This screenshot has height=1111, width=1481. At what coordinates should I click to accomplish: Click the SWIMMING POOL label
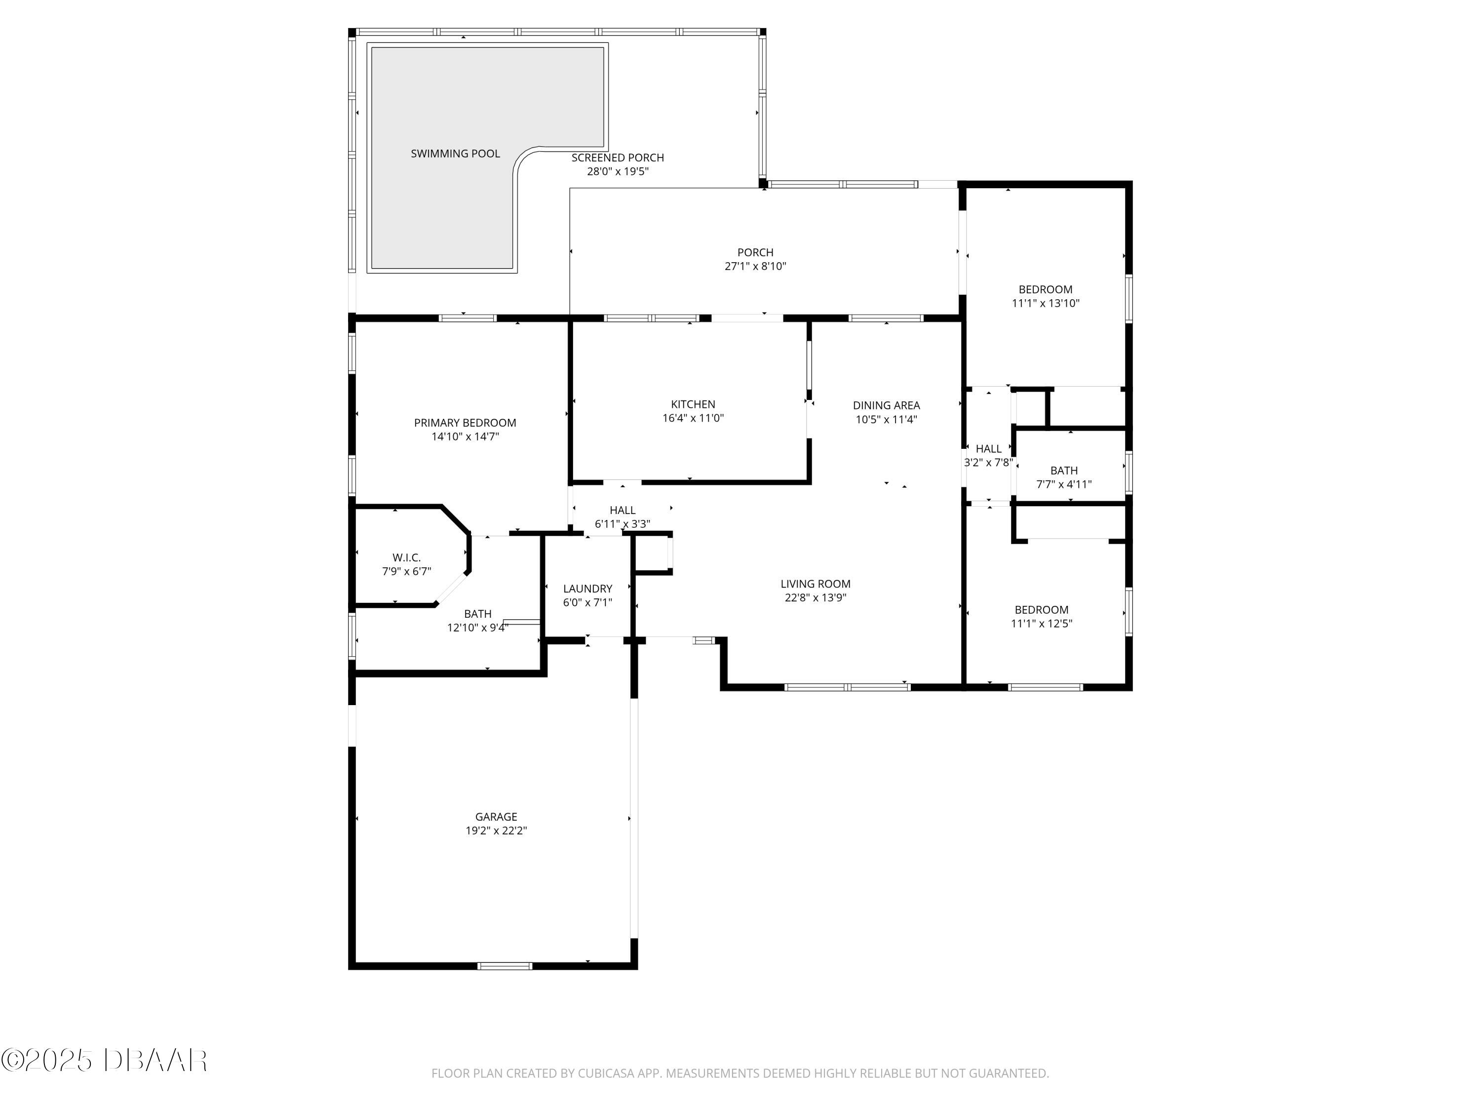455,154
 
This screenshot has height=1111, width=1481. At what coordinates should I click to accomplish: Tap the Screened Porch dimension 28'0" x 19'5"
617,171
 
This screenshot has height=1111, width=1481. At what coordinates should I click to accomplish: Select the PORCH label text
755,252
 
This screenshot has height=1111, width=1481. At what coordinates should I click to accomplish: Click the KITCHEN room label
693,404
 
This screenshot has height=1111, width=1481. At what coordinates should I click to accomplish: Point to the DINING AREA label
886,405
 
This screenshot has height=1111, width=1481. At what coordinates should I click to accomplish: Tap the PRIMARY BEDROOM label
465,423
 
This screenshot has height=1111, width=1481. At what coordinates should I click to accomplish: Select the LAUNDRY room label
587,589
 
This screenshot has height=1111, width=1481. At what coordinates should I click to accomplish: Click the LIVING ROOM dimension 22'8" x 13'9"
816,598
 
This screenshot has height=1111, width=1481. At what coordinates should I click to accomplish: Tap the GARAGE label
496,816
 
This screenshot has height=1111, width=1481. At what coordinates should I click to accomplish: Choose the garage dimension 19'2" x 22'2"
496,831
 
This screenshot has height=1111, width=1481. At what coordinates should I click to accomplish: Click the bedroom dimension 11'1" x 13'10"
1045,303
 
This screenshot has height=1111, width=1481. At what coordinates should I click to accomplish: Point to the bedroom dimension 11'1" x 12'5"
1041,624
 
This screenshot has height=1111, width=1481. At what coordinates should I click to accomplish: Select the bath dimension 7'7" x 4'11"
1064,484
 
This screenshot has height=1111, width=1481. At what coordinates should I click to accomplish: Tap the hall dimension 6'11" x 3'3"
622,524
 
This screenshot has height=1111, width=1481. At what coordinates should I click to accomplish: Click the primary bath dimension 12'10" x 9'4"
477,628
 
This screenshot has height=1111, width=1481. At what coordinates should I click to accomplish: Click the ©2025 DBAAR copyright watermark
104,1060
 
